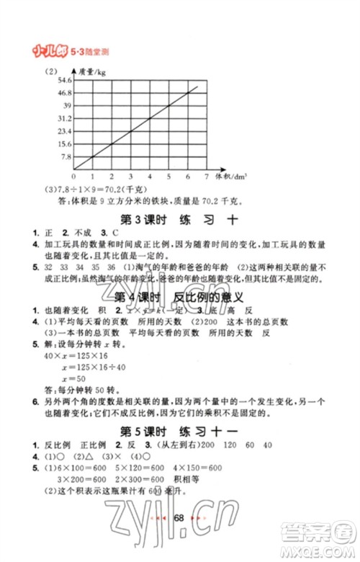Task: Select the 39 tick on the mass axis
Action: [x=66, y=104]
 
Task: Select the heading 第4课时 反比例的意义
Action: [x=181, y=298]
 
